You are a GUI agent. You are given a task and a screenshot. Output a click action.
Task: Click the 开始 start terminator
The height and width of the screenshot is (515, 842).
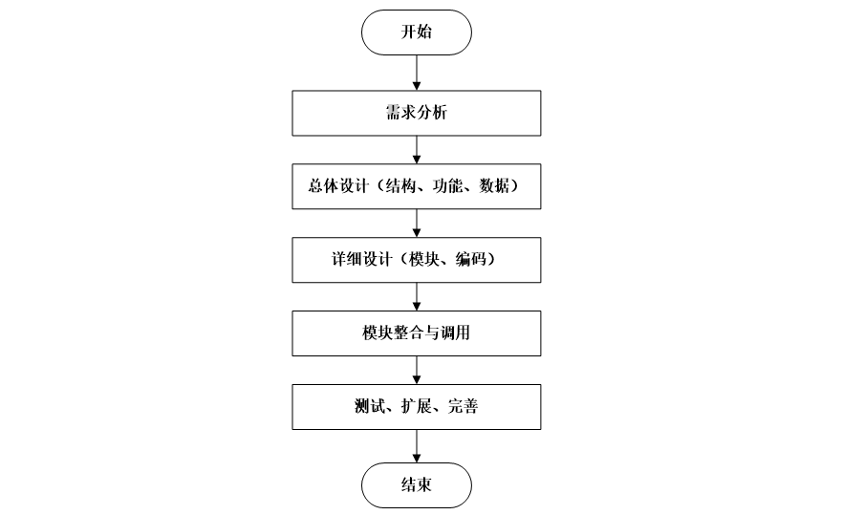(x=416, y=32)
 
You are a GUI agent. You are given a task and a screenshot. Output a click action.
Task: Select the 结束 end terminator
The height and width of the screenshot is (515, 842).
(x=416, y=485)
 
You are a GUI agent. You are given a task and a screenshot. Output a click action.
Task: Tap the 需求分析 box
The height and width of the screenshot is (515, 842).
(x=416, y=113)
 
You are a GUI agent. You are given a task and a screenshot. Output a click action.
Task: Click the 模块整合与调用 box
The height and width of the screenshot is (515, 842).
(x=416, y=333)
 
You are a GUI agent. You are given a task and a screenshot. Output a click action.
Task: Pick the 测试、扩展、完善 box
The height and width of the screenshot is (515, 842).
(x=416, y=406)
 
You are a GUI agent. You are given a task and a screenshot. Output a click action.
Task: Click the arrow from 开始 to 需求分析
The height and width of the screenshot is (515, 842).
(x=416, y=73)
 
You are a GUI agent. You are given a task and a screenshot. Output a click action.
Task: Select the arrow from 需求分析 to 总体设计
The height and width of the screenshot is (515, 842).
(x=416, y=150)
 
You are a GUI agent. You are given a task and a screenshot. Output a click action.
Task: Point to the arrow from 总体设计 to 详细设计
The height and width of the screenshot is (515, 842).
(x=416, y=224)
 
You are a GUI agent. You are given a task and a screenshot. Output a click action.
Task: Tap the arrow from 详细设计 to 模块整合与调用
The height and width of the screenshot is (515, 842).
(x=416, y=296)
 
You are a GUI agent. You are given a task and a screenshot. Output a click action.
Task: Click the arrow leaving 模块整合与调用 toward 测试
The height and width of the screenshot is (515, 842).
(x=416, y=370)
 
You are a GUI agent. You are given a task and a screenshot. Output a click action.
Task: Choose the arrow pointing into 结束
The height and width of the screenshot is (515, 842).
(x=416, y=446)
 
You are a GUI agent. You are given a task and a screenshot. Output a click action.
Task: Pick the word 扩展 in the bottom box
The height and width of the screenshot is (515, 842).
(x=416, y=406)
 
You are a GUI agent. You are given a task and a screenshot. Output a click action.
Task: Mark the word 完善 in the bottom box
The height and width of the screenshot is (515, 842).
(x=463, y=406)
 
